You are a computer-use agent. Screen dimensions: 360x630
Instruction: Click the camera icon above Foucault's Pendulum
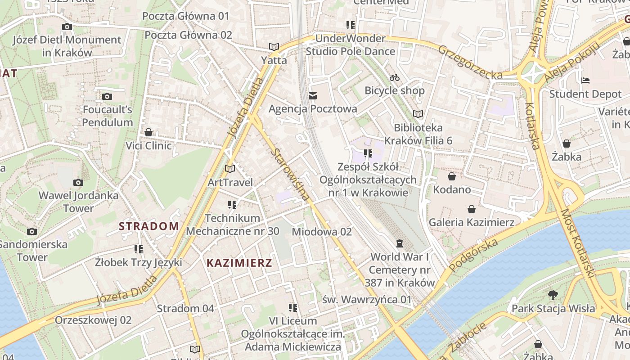coord(107,96)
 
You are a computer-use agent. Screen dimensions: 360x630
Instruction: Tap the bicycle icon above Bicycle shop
coord(395,77)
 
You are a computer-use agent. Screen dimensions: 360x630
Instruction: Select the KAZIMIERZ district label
coord(239,263)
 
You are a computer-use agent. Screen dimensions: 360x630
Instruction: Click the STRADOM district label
coord(149,226)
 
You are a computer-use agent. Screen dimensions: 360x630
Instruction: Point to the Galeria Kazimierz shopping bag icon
coord(472,209)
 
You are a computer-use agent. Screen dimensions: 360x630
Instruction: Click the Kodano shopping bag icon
coord(452,176)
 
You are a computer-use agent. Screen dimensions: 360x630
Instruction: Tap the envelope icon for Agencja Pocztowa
coord(313,95)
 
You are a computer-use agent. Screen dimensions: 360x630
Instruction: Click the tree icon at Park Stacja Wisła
coord(553,295)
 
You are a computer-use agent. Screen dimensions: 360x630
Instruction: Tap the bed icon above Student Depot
coord(585,81)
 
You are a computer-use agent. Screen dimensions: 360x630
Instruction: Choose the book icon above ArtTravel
coord(230,169)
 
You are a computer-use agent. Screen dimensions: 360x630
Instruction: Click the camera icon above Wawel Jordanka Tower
coord(78,182)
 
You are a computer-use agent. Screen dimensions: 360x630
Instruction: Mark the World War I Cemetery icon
coord(399,243)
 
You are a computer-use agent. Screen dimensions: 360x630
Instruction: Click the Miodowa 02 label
coord(322,232)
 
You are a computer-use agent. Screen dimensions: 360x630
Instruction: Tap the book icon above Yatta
coord(274,47)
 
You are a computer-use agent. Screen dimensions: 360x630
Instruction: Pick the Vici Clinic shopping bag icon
coord(148,132)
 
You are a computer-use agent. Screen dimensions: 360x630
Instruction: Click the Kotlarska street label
coord(532,126)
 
